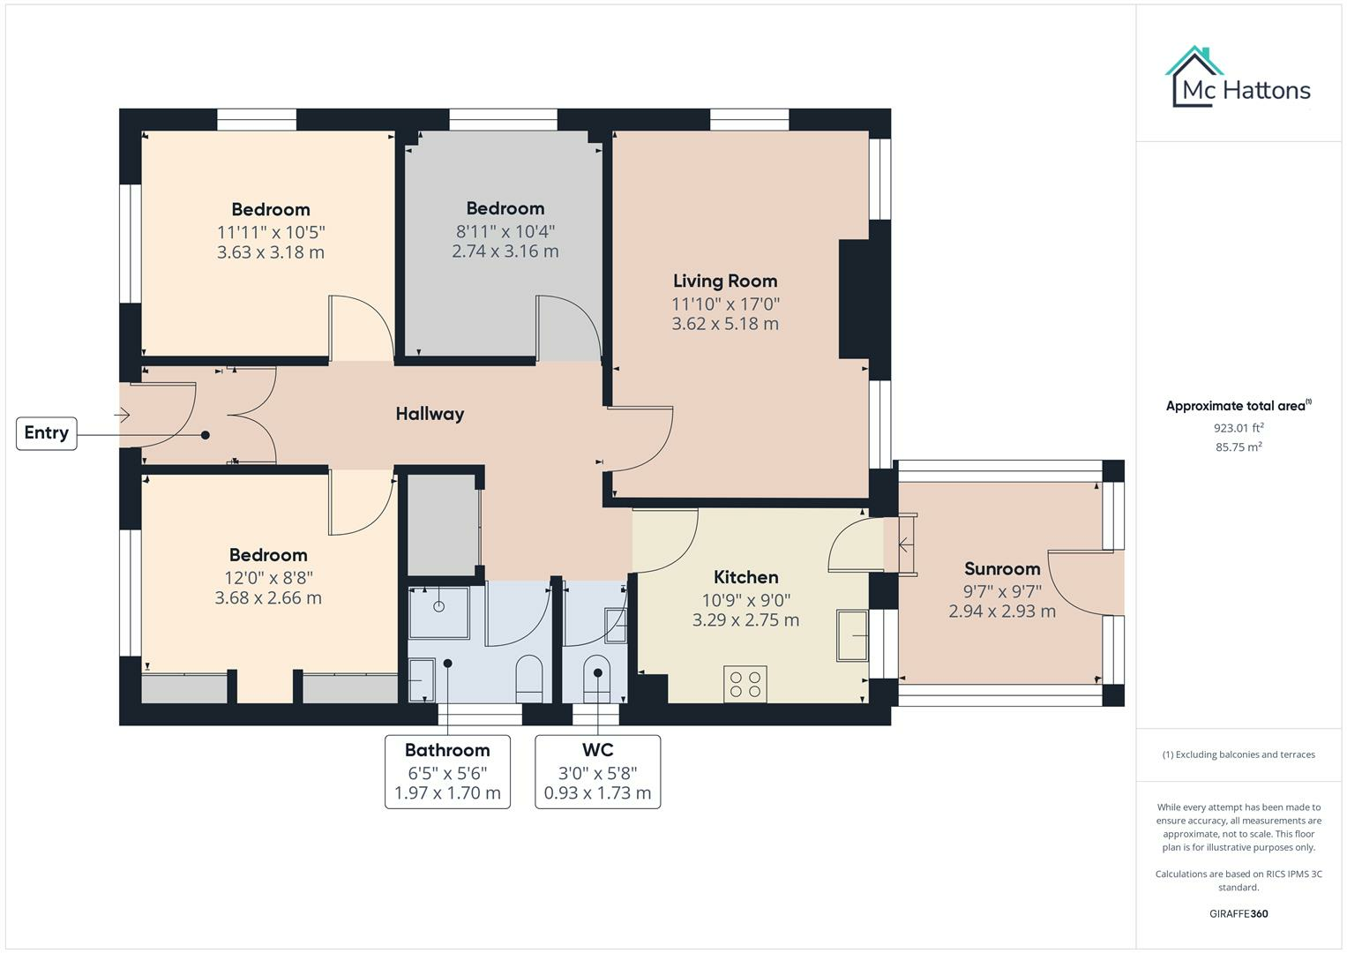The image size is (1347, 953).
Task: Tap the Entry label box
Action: point(46,433)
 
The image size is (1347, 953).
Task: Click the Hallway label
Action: point(430,414)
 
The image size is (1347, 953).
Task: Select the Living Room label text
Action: point(725,281)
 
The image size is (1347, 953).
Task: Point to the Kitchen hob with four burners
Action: point(745,684)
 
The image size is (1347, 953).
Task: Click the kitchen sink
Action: point(852,635)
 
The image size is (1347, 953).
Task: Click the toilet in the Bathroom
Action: point(529,679)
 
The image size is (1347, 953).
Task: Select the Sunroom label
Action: point(1002,568)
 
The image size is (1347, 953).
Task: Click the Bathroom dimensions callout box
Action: point(447,772)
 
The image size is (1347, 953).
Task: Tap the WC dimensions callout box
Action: point(598,772)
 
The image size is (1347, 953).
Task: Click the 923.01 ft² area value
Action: point(1238,428)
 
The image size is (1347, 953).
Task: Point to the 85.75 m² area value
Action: point(1238,447)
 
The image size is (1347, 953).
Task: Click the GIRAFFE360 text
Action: point(1238,914)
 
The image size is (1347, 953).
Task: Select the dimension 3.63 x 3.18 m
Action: point(271,252)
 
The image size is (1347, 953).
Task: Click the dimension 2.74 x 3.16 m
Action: point(505,251)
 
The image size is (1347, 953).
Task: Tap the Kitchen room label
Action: point(745,577)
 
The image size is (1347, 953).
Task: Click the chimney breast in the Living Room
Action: point(855,299)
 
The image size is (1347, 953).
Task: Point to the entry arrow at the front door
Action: point(122,415)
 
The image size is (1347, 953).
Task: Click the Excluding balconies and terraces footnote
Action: point(1238,754)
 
